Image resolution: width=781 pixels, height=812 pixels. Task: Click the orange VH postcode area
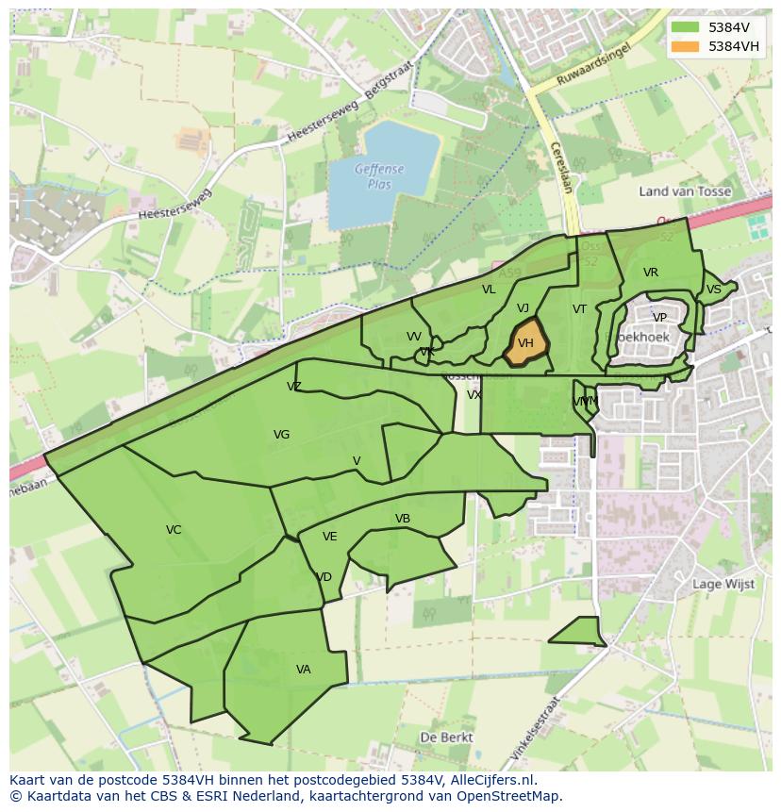(x=525, y=344)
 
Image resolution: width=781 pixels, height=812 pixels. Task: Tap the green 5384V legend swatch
(x=686, y=27)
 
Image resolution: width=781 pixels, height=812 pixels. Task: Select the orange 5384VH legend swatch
(x=686, y=46)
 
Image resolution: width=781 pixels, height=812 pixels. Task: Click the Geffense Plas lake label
(x=379, y=176)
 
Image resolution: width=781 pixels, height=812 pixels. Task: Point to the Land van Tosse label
(x=685, y=191)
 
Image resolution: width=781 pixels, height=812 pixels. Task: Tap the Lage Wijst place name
(x=723, y=584)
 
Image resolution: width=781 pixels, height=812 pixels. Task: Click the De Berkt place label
(x=447, y=737)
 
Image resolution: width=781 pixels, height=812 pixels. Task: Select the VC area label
(x=174, y=530)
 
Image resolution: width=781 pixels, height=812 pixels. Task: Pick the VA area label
(x=304, y=670)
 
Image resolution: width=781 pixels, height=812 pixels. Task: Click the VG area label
(x=281, y=435)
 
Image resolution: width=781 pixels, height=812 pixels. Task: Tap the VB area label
(x=403, y=519)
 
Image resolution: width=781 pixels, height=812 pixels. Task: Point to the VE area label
(x=330, y=537)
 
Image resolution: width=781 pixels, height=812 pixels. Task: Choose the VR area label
(x=651, y=273)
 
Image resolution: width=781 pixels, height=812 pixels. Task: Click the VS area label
(x=714, y=290)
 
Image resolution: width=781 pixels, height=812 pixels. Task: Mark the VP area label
(x=659, y=318)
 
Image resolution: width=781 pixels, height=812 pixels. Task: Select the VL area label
(x=489, y=290)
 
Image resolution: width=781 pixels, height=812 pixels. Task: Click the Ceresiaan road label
(x=560, y=167)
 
